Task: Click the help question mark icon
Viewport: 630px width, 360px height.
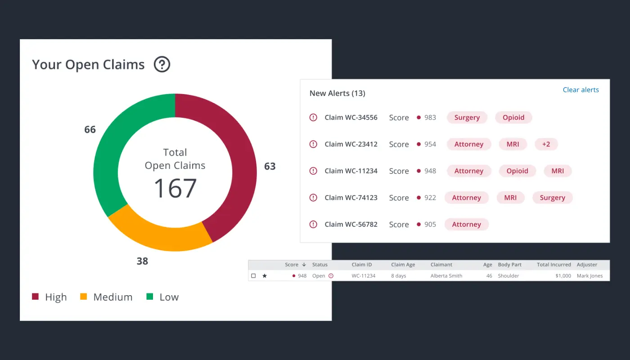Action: click(x=162, y=65)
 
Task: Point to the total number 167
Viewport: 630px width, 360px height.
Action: click(x=175, y=188)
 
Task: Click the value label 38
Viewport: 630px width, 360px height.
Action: click(x=142, y=261)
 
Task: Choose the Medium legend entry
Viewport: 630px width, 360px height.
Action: click(x=106, y=297)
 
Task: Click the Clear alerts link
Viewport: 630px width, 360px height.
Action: click(x=580, y=90)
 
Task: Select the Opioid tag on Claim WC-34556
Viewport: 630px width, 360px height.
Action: click(x=513, y=117)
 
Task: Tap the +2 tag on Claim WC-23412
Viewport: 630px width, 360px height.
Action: click(x=546, y=144)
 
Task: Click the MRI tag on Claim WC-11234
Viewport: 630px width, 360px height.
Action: click(x=558, y=171)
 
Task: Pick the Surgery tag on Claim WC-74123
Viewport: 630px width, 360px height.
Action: click(x=552, y=198)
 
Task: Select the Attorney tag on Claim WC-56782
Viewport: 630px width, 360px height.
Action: click(x=466, y=224)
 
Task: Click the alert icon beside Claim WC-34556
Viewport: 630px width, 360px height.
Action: click(x=313, y=117)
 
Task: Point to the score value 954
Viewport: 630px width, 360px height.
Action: click(x=430, y=144)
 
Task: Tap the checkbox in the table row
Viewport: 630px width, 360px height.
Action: click(x=253, y=276)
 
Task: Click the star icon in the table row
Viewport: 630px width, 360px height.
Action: click(x=265, y=276)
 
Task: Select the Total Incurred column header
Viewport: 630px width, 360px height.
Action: click(x=553, y=265)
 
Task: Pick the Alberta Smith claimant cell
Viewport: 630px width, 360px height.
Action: click(x=446, y=276)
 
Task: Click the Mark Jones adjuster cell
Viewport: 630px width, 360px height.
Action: click(x=589, y=276)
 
